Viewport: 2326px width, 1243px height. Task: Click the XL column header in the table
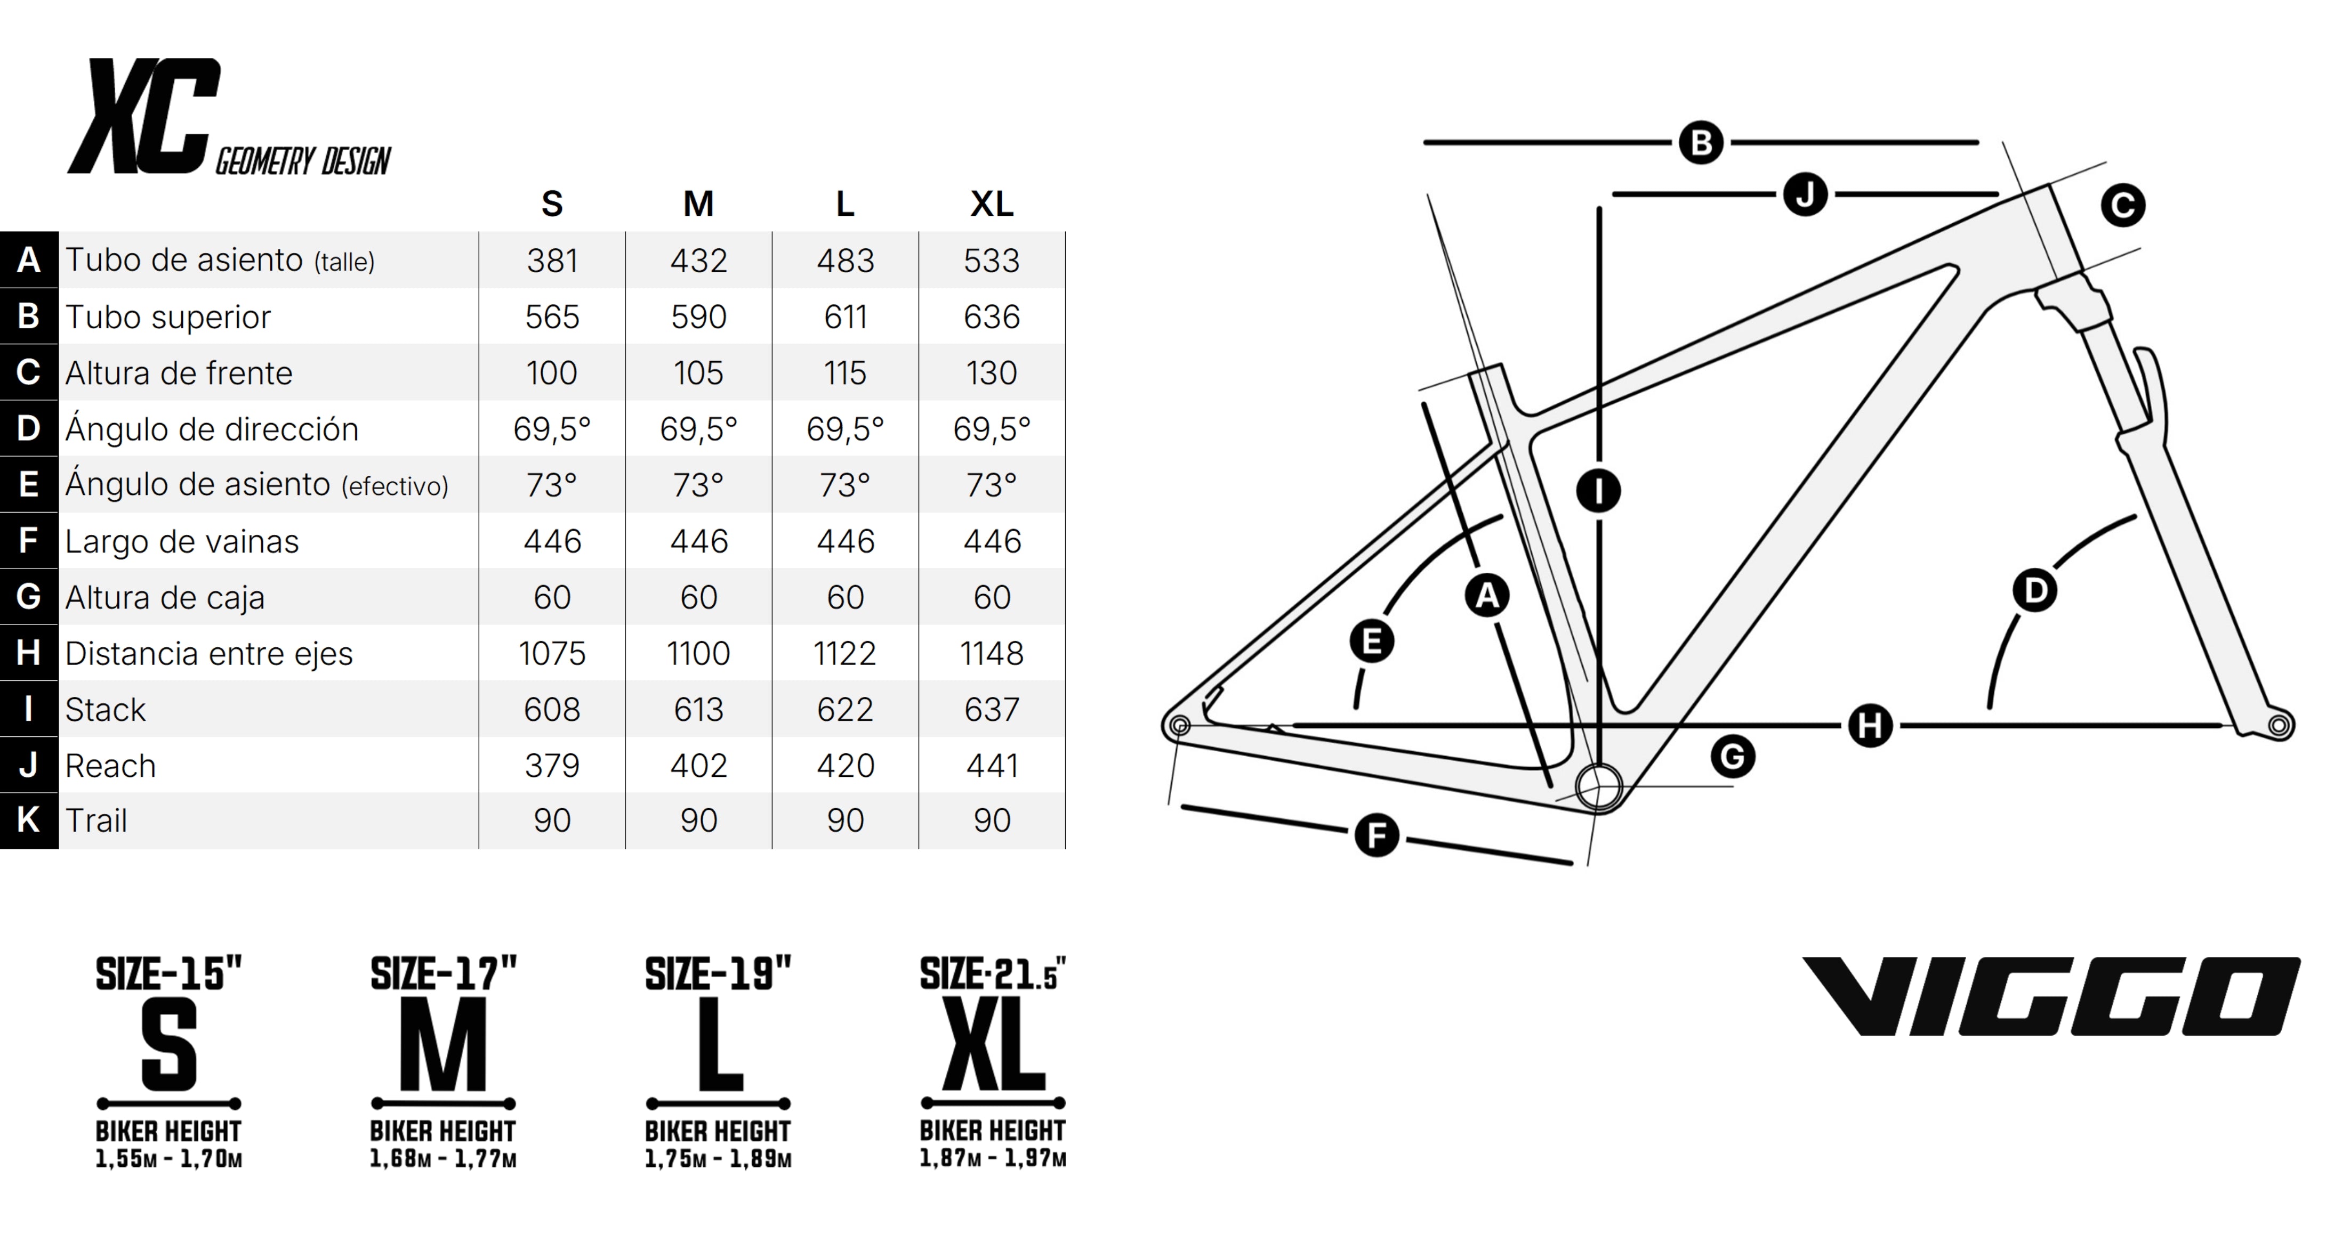pyautogui.click(x=992, y=204)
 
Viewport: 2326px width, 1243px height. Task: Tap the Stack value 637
pyautogui.click(x=992, y=710)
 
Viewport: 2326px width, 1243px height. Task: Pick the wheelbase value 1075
pyautogui.click(x=552, y=654)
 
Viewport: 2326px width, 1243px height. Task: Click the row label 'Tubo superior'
pyautogui.click(x=168, y=317)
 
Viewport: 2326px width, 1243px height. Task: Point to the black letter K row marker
pyautogui.click(x=29, y=820)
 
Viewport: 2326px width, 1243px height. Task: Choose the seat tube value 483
pyautogui.click(x=845, y=261)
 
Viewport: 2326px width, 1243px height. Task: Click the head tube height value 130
pyautogui.click(x=992, y=373)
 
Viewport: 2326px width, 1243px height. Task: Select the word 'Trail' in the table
pyautogui.click(x=96, y=820)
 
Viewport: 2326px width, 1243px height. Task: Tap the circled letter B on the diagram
pyautogui.click(x=1701, y=143)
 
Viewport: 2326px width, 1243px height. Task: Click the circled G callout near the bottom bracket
pyautogui.click(x=1733, y=757)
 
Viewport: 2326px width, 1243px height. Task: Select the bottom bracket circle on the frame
pyautogui.click(x=1598, y=787)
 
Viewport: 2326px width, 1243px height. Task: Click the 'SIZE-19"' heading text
pyautogui.click(x=718, y=974)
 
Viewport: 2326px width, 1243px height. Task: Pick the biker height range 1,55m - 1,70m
pyautogui.click(x=169, y=1159)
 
